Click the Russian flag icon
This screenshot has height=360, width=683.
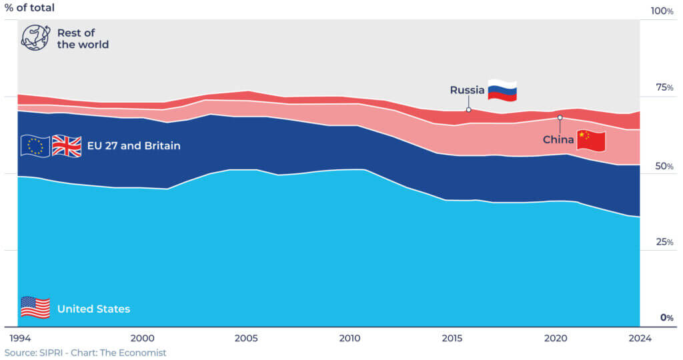502,90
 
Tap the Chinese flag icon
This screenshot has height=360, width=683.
591,141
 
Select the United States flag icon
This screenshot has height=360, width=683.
35,308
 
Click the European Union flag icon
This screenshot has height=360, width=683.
35,145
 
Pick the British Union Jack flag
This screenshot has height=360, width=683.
66,145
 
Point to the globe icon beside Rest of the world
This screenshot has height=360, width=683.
35,38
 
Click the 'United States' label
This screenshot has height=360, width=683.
93,309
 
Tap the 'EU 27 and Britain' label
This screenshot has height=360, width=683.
133,145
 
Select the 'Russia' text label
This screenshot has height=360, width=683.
467,90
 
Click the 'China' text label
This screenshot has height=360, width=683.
558,140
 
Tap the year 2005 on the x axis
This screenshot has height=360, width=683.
247,338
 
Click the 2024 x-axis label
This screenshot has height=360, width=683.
639,338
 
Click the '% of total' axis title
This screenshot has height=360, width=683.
30,8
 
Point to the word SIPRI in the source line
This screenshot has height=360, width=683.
54,353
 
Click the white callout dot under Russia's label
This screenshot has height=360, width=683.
468,109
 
